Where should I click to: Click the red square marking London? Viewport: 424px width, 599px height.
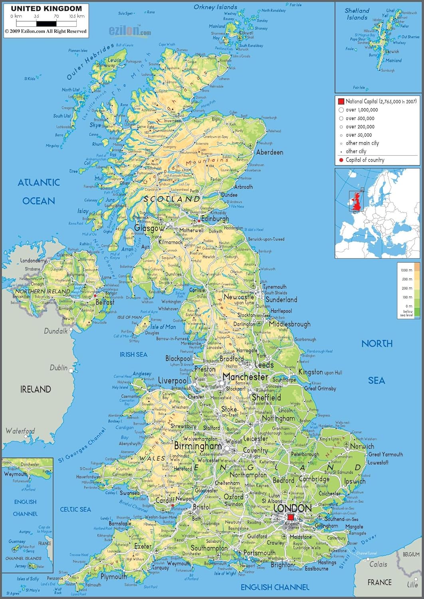coord(290,518)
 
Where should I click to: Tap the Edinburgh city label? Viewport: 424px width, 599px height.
coord(215,219)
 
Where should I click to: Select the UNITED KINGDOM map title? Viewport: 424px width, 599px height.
coord(46,8)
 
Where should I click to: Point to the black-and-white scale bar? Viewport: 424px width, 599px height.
coord(48,24)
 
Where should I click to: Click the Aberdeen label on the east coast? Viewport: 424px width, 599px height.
coord(269,152)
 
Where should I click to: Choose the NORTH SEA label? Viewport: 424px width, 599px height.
coord(376,361)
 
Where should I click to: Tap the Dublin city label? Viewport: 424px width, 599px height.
coord(58,367)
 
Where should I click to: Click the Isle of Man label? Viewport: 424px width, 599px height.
coord(163,327)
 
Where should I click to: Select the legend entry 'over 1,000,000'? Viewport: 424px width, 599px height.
coord(361,110)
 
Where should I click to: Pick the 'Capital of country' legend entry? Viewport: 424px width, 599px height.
coord(365,160)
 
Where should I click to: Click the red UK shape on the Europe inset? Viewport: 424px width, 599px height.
coord(357,202)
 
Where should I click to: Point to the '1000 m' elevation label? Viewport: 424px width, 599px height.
coord(406,270)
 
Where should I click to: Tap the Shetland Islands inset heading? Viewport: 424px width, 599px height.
coord(357,14)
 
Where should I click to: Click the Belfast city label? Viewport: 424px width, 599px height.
coord(105,302)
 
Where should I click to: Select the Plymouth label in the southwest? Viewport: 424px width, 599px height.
coord(113,577)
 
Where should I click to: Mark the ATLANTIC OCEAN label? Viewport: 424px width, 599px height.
coord(39,191)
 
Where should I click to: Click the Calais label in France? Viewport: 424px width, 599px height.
coord(378,564)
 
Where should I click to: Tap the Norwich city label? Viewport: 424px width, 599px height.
coord(362,446)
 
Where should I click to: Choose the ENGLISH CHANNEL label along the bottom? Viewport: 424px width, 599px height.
coord(275,587)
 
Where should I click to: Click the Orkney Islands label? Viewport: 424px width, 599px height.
coord(215,7)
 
